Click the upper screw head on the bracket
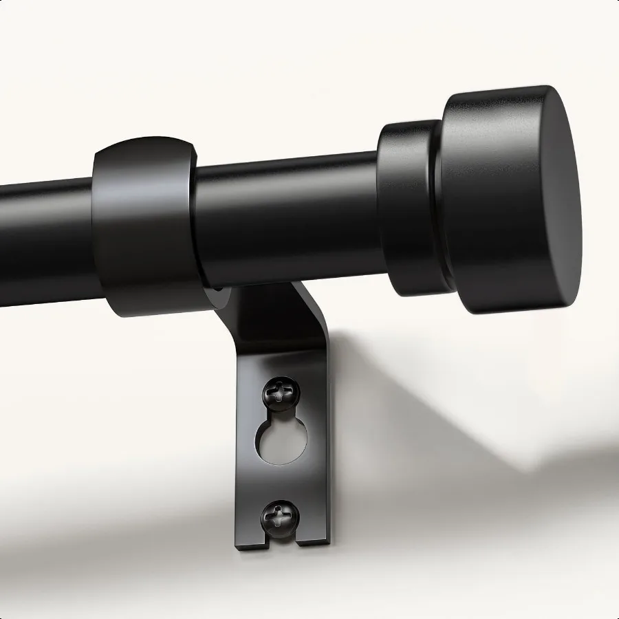pyautogui.click(x=281, y=393)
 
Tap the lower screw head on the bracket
pyautogui.click(x=281, y=514)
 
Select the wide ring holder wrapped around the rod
pyautogui.click(x=144, y=227)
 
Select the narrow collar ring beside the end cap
pyautogui.click(x=406, y=206)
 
